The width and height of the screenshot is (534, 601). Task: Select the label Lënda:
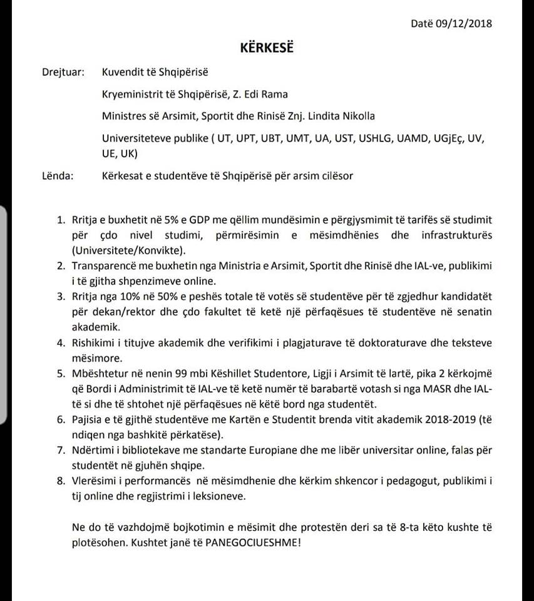pos(58,175)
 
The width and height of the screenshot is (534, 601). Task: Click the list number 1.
pos(61,220)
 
